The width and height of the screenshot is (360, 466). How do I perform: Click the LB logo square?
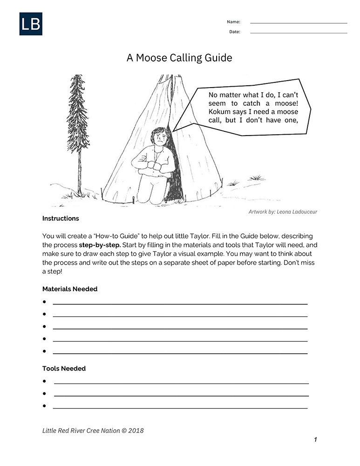point(31,24)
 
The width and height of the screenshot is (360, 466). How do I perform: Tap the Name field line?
point(299,22)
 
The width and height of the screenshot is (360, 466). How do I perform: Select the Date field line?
point(299,33)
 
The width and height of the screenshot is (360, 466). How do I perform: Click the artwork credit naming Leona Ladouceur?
point(283,212)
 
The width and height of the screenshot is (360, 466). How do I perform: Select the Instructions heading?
point(61,219)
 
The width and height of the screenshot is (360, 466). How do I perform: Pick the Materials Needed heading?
point(70,289)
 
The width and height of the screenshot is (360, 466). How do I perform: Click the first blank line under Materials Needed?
point(180,303)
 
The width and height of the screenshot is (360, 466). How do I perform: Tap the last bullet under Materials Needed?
point(44,351)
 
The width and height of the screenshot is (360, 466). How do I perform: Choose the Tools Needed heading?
point(64,369)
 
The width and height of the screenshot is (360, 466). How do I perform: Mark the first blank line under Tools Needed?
point(181,383)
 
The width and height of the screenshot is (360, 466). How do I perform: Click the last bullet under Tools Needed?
point(44,406)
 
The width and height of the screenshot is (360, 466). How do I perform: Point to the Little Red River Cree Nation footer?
point(93,431)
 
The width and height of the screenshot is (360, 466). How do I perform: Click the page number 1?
point(315,439)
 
